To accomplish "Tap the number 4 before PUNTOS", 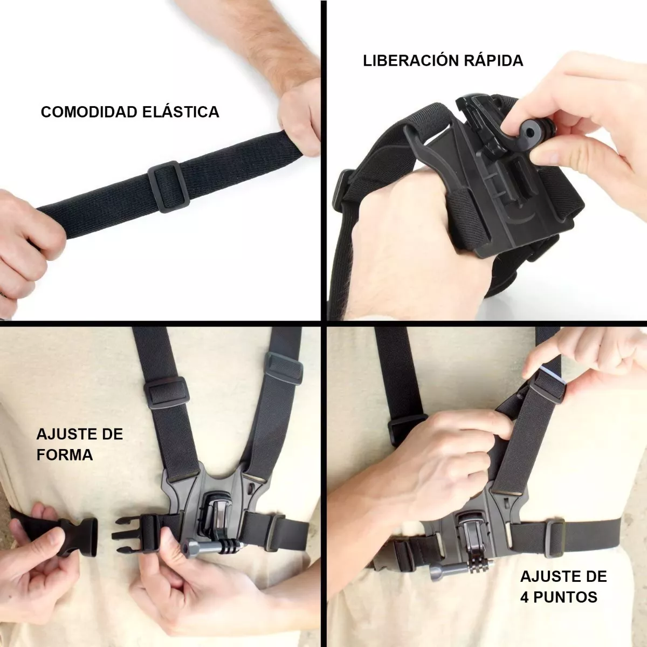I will point(525,597).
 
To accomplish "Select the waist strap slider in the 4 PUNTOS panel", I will point(555,532).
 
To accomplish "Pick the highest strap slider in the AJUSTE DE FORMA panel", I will point(284,368).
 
